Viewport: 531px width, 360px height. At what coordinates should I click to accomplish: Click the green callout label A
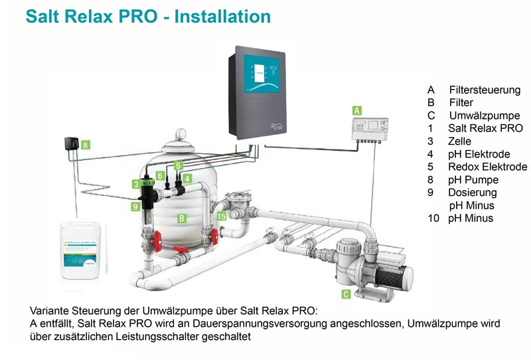356,110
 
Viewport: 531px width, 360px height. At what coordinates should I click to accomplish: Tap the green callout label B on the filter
181,217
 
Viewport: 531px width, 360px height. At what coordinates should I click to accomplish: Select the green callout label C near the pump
346,294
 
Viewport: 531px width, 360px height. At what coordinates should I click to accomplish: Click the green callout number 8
86,144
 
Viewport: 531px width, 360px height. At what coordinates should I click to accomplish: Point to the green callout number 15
221,216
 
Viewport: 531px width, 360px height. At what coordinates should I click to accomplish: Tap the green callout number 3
135,184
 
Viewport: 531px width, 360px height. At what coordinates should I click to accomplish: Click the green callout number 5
178,164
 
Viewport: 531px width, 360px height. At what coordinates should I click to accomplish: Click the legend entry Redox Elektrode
487,167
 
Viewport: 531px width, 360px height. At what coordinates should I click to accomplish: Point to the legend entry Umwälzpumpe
484,116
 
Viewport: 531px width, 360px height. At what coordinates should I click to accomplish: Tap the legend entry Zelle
460,141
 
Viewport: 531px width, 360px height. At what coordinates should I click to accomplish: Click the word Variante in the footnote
50,311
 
